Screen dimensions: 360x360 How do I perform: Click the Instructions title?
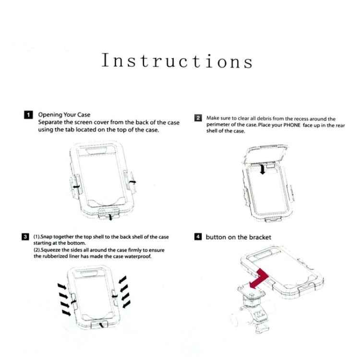coord(177,61)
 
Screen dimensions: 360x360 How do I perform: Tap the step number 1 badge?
coord(28,115)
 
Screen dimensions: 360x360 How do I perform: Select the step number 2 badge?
coord(198,118)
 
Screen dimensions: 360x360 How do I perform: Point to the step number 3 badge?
coord(25,237)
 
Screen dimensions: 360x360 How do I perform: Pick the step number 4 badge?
coord(198,237)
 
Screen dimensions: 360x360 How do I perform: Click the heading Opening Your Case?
coord(64,115)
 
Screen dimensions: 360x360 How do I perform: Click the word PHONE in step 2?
coord(292,125)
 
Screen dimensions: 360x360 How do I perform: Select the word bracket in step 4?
coord(260,237)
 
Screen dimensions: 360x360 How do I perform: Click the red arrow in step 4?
coord(259,278)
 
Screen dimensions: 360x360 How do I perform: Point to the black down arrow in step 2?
coord(263,169)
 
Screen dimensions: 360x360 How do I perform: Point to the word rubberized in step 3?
coord(55,256)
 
